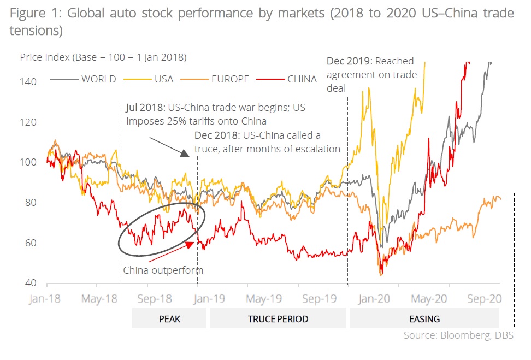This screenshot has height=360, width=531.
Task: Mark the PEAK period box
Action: click(169, 318)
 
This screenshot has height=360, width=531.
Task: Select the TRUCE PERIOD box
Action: click(278, 318)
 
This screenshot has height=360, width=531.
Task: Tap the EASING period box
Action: click(424, 318)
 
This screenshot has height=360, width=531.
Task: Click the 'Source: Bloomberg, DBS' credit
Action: click(458, 335)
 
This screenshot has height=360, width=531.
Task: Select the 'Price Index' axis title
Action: click(103, 57)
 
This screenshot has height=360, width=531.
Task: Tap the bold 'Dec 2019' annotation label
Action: click(347, 61)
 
